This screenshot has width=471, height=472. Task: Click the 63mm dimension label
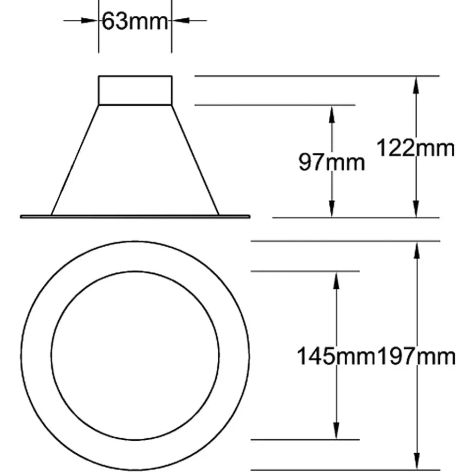(x=135, y=21)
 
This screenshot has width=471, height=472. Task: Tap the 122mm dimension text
(x=416, y=148)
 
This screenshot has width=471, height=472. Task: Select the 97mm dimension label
(x=332, y=162)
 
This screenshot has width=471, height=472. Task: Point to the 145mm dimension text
(x=336, y=356)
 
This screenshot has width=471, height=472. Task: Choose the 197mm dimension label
(x=416, y=357)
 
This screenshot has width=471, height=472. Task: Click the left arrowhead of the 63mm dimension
(x=89, y=21)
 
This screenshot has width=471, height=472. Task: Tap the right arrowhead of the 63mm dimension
(x=181, y=21)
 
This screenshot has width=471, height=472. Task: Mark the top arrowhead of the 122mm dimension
(x=416, y=85)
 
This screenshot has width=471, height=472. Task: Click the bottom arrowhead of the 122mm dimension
(x=416, y=209)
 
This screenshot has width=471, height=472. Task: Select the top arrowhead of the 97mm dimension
(x=332, y=115)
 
